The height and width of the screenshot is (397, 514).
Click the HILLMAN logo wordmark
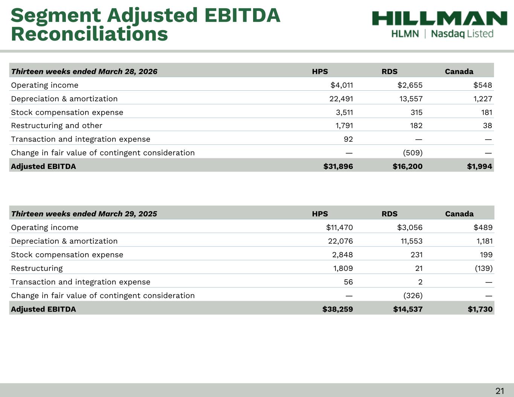[x=439, y=18]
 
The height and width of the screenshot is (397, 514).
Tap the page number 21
[x=500, y=391]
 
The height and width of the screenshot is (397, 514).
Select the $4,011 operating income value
[x=342, y=85]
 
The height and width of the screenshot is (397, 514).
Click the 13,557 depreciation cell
[x=411, y=99]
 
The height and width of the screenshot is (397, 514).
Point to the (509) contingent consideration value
[x=413, y=153]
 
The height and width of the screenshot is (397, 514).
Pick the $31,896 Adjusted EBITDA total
[x=338, y=166]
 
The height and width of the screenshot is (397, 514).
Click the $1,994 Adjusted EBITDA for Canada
[x=479, y=166]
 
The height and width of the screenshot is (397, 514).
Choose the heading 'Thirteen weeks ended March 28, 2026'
[x=84, y=71]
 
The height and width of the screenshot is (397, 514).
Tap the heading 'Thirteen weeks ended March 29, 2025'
[x=84, y=214]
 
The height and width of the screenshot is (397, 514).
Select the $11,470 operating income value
[x=339, y=227]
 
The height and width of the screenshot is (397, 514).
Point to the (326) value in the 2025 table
[x=413, y=295]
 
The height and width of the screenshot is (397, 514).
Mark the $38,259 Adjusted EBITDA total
[x=338, y=309]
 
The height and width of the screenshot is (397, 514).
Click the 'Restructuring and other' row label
[x=56, y=126]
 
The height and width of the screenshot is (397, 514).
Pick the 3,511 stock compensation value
[x=344, y=112]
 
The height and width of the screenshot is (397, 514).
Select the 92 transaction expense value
[x=348, y=139]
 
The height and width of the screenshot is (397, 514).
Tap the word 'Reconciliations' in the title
[x=89, y=34]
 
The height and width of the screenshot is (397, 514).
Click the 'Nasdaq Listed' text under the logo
[x=462, y=34]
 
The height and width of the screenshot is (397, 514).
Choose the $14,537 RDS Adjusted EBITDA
[x=408, y=309]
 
